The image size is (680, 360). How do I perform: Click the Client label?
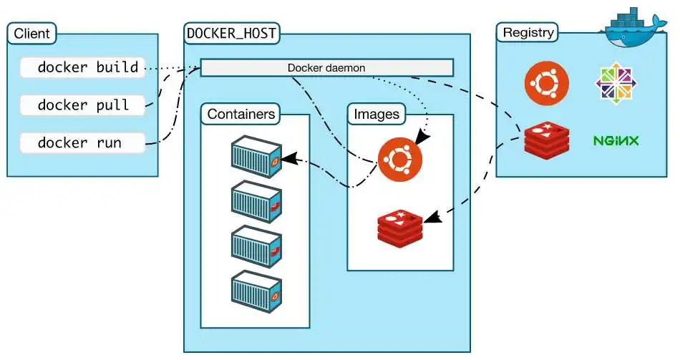[31, 34]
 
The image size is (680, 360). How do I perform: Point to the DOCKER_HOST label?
[231, 33]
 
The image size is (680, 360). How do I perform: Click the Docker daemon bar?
[326, 68]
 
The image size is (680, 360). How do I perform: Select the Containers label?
[241, 114]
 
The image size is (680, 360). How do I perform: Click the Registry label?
[528, 33]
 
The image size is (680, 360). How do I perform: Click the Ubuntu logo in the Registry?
[547, 83]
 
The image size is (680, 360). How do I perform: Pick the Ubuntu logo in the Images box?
[400, 157]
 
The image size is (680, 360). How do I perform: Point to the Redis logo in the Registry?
[547, 140]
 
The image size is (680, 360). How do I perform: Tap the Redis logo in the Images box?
[400, 226]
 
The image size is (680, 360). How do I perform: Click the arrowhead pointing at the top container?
[289, 159]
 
